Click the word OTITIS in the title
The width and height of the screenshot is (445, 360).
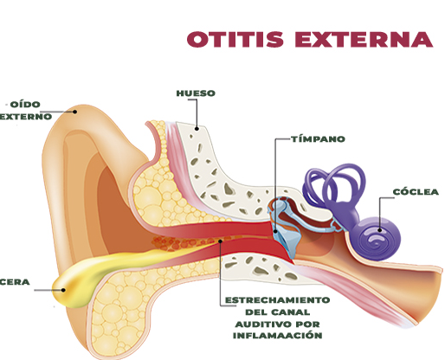(235, 39)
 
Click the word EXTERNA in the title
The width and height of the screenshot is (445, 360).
(364, 39)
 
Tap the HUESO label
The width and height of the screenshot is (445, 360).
(196, 93)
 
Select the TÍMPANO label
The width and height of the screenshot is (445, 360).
(318, 139)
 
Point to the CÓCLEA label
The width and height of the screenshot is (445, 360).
(416, 192)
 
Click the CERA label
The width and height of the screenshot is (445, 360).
(15, 282)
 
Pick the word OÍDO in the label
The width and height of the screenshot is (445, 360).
(25, 105)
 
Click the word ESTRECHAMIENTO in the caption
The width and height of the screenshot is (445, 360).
(277, 300)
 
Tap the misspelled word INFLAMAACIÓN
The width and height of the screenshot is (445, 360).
(278, 336)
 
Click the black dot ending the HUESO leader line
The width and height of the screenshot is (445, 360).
(197, 129)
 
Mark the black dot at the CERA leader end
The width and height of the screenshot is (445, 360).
(63, 290)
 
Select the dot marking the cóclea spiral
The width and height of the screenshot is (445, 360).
(380, 230)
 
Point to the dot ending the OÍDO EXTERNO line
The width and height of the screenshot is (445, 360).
(74, 112)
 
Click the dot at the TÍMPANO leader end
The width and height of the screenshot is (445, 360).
(275, 231)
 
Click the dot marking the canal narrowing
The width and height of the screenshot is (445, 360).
(221, 241)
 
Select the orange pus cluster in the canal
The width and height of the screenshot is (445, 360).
(173, 243)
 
